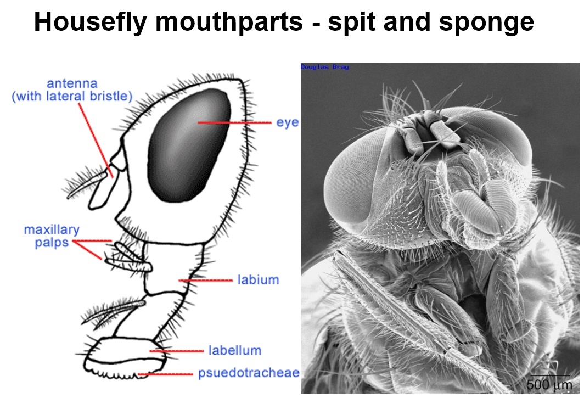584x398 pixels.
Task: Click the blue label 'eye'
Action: coord(287,122)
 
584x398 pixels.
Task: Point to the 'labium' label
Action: coord(258,279)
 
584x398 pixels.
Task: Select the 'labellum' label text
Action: coord(235,350)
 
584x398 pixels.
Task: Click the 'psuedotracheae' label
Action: coord(249,373)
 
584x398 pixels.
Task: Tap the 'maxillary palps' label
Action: coord(52,236)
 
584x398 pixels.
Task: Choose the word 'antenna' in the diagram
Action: coord(72,83)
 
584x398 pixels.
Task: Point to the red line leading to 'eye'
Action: coord(235,122)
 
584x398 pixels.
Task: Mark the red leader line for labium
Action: coord(206,280)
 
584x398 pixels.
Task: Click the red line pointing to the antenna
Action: coord(96,140)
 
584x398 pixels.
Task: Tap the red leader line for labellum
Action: coord(177,351)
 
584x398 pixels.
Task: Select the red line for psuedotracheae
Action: coord(165,374)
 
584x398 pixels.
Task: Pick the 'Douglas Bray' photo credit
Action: coord(325,67)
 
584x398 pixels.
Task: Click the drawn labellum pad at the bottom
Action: coord(126,358)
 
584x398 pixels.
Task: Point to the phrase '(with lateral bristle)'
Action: coord(72,96)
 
